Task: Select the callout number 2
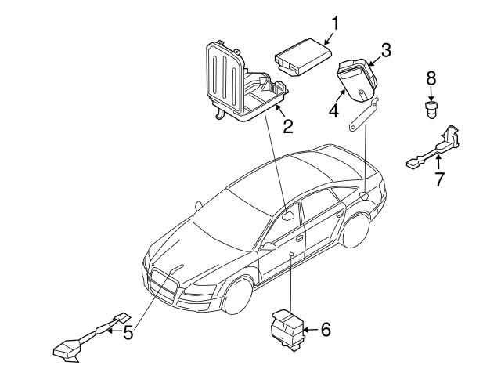pyautogui.click(x=288, y=125)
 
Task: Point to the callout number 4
pyautogui.click(x=333, y=110)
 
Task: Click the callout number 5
pyautogui.click(x=128, y=334)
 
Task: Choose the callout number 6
pyautogui.click(x=326, y=330)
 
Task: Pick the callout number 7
pyautogui.click(x=439, y=179)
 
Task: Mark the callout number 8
pyautogui.click(x=430, y=79)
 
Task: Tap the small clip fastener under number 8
pyautogui.click(x=430, y=107)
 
